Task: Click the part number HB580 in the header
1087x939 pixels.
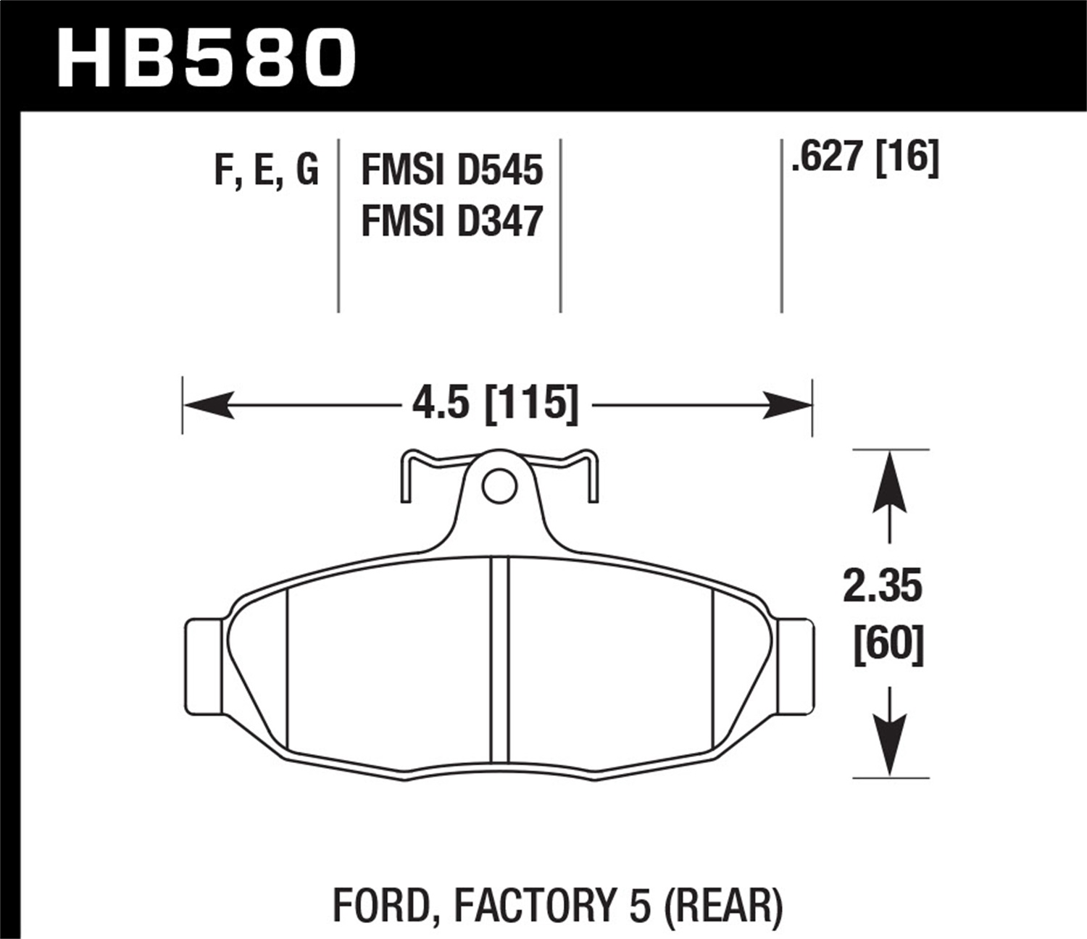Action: (207, 58)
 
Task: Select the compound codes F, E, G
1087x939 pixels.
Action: (266, 171)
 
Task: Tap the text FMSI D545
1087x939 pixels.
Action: (451, 171)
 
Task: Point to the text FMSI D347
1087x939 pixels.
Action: (451, 221)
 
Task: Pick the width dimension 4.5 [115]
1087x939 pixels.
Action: (496, 403)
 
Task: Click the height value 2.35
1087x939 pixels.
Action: (882, 587)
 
